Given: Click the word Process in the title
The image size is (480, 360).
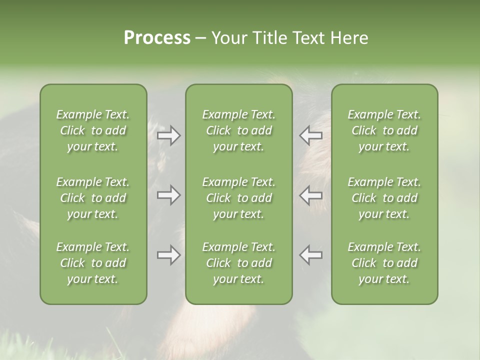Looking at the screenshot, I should (157, 38).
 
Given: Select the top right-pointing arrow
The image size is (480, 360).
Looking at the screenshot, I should (168, 135).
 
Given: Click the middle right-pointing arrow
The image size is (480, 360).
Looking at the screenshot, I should (168, 195).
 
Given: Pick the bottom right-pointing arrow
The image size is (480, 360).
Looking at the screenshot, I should (168, 255).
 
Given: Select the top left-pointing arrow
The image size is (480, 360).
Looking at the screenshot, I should (311, 135).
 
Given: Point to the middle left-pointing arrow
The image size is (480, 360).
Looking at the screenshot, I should (311, 195).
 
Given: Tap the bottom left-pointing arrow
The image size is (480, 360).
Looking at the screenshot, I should (311, 255).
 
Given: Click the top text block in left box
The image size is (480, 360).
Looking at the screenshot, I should (93, 130).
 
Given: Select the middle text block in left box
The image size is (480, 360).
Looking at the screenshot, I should (93, 198).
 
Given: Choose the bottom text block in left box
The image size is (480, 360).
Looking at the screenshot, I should (93, 263).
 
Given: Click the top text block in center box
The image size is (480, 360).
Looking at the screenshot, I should (239, 130).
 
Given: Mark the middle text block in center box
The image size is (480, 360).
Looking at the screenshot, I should (239, 198).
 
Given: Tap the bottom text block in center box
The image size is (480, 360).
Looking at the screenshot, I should (239, 263).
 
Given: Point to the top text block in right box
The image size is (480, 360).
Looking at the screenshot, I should (384, 130).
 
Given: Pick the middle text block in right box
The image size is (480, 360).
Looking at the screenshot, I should (384, 198).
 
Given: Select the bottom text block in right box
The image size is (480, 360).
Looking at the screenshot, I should (384, 263).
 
